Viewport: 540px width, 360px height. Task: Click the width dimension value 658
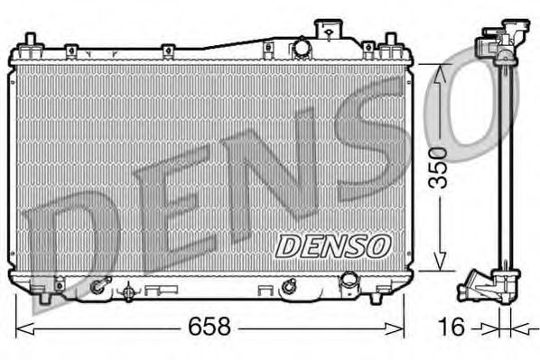209,327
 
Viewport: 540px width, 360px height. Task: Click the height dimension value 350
438,167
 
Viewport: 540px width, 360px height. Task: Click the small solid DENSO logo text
331,245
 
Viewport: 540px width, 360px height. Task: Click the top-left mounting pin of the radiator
30,42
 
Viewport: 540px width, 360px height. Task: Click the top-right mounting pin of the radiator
390,42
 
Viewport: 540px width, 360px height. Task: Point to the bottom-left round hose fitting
97,289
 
